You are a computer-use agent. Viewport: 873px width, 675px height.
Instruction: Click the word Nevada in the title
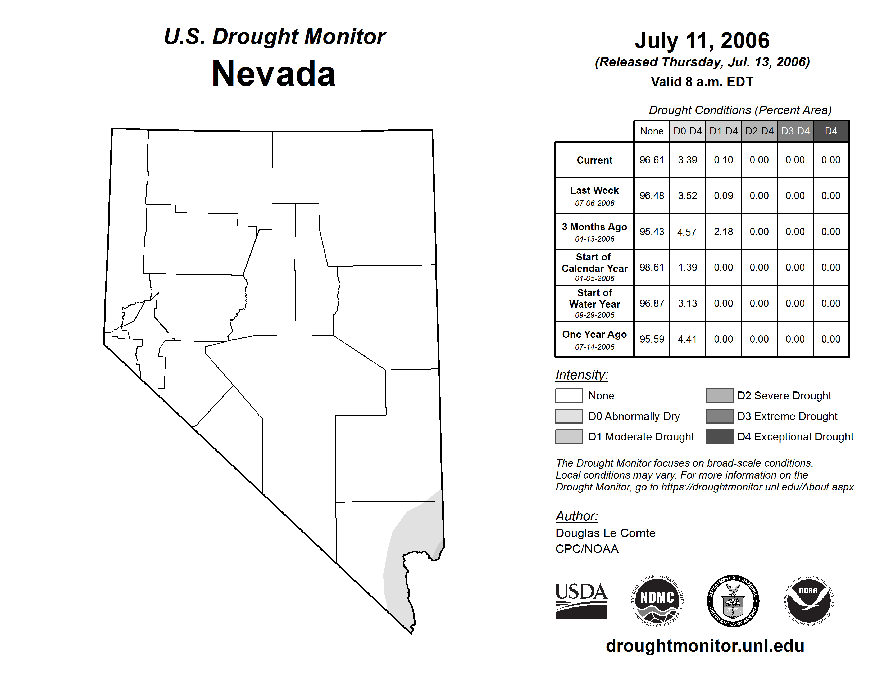(274, 74)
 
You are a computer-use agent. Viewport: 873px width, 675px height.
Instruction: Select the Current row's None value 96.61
(652, 160)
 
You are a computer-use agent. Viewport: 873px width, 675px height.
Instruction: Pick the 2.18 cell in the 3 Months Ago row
(724, 232)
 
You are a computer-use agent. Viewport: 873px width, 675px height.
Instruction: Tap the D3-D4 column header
(795, 131)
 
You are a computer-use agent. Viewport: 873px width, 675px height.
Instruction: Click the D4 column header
(831, 131)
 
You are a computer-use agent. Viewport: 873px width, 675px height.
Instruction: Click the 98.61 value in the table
(652, 267)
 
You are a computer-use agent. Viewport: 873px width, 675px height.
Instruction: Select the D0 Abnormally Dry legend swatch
(569, 416)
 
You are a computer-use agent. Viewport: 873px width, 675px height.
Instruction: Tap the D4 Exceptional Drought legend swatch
(720, 437)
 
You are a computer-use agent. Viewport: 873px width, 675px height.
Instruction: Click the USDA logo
(581, 601)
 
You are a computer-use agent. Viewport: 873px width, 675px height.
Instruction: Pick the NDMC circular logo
(657, 601)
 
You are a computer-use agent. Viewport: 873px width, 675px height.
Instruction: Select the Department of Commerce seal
(733, 601)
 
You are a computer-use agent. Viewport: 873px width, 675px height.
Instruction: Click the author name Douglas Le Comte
(605, 533)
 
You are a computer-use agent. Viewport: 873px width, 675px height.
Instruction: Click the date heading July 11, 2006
(702, 40)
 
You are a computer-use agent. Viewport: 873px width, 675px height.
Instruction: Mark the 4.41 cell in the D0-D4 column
(688, 339)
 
